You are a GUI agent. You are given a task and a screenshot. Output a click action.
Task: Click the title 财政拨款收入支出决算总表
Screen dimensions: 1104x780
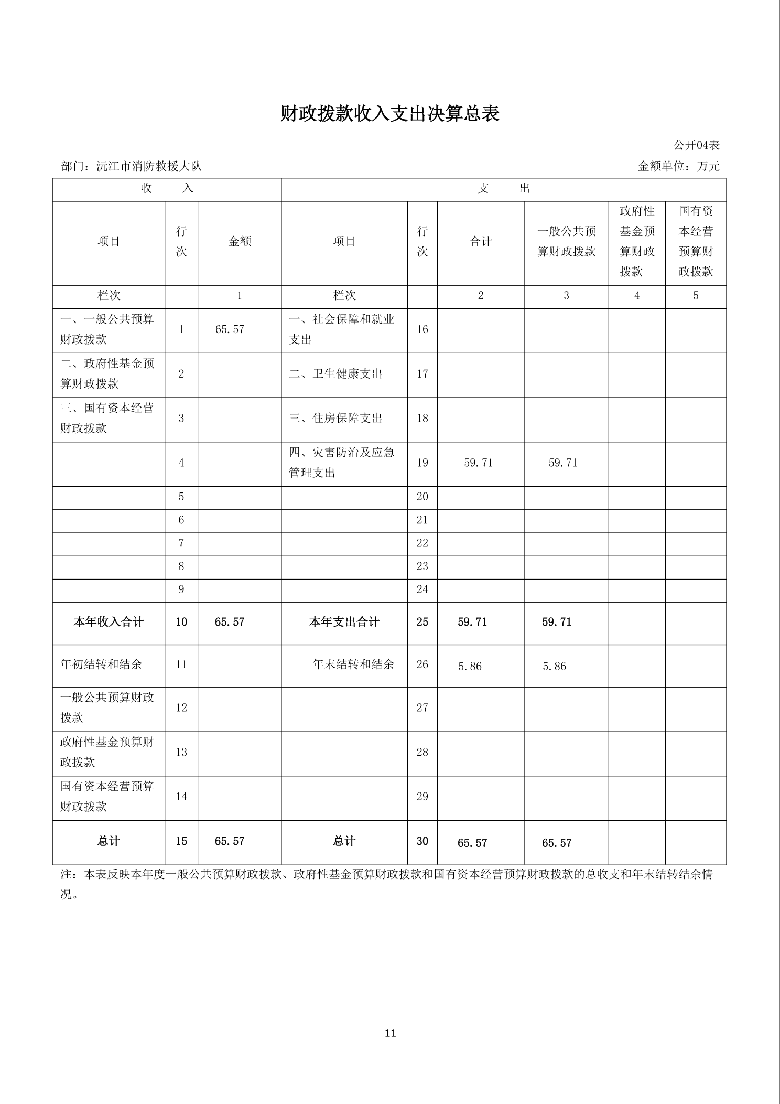(389, 114)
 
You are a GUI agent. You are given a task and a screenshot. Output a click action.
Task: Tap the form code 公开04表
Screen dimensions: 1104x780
(697, 145)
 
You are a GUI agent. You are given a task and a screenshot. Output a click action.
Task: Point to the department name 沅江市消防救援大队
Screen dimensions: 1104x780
(149, 167)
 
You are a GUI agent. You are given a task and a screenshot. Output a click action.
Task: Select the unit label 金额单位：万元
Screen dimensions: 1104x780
(679, 167)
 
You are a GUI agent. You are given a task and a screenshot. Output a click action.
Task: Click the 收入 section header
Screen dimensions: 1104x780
(167, 189)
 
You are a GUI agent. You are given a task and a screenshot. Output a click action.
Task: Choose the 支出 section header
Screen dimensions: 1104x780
(503, 189)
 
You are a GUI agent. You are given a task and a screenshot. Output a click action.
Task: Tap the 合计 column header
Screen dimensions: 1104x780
(480, 241)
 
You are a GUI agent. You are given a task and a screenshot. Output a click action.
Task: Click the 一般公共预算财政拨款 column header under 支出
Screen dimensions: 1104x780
(566, 241)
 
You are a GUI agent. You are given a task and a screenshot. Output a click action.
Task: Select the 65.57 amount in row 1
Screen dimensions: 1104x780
(230, 329)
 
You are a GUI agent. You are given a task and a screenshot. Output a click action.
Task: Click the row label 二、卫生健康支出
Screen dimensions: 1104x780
(335, 374)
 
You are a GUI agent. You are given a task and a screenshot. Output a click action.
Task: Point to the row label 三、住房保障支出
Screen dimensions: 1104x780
(335, 419)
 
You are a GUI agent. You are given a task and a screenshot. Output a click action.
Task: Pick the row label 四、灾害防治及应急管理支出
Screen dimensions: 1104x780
(341, 463)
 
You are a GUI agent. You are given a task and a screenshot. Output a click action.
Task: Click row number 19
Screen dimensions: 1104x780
(422, 463)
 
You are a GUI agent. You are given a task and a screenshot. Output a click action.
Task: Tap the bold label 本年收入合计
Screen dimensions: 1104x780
(109, 622)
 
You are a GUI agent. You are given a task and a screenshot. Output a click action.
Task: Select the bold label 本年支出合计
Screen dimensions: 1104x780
(344, 622)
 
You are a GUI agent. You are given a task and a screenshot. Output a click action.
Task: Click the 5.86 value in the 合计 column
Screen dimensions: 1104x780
(470, 666)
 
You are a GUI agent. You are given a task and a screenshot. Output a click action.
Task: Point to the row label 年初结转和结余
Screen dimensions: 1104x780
(101, 664)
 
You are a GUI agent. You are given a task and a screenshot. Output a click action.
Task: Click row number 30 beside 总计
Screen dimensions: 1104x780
(422, 841)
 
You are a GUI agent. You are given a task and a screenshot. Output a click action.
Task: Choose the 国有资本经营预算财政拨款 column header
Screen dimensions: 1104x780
(696, 241)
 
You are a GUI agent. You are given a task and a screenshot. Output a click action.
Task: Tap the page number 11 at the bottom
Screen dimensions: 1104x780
(390, 1033)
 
